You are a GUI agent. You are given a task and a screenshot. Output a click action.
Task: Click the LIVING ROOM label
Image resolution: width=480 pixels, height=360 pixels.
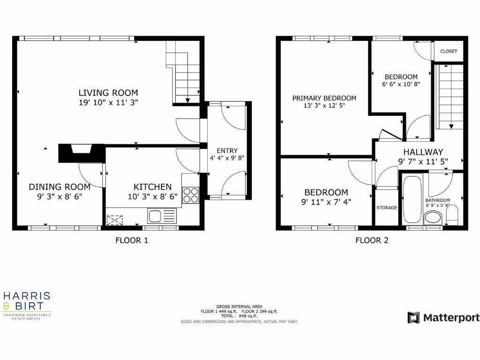point(108,93)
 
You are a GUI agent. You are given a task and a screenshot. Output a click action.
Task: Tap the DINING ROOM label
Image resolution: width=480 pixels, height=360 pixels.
point(59,187)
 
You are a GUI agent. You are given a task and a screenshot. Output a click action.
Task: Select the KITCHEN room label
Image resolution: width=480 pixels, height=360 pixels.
point(152,187)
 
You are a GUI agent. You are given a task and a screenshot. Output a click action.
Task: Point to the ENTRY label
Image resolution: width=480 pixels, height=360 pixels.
point(227,150)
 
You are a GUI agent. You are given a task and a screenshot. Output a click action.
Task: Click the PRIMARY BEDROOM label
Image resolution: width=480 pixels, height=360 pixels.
point(324,98)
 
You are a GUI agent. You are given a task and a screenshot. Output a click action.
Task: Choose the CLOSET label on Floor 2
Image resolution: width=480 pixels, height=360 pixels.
point(449,51)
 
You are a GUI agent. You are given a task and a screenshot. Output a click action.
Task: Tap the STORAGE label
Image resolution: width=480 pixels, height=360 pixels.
point(387,208)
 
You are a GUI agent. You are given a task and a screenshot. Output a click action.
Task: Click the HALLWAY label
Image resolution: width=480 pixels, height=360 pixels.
point(423,152)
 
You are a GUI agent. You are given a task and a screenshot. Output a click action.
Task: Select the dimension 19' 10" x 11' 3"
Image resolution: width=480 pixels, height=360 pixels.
point(108,103)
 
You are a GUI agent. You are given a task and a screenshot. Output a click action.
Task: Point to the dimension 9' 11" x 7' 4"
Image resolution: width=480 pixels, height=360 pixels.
point(326,202)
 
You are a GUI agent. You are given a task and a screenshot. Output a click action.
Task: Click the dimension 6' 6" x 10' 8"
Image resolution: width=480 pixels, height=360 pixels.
point(401,85)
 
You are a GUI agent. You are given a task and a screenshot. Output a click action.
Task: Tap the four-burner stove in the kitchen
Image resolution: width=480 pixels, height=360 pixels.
point(191,195)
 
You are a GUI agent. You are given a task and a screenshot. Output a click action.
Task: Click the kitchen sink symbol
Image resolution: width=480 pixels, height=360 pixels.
point(162,216)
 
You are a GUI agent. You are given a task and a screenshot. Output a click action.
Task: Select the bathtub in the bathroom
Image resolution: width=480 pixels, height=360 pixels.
point(412,200)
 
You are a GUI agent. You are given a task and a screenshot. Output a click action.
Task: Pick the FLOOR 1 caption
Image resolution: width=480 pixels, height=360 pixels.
point(132,241)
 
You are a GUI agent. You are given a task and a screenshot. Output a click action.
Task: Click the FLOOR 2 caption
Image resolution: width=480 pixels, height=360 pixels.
point(372,241)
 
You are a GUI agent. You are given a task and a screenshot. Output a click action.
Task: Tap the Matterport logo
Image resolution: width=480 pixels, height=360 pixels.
point(443,318)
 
